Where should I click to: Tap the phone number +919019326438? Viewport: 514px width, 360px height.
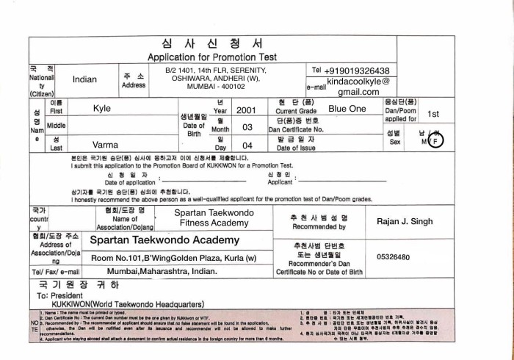tap(362, 70)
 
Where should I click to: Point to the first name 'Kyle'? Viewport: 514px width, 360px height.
tap(102, 109)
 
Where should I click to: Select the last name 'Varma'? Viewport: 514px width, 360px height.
tap(104, 145)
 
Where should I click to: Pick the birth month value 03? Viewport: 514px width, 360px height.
tap(247, 127)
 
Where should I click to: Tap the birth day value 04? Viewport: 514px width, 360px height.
tap(247, 145)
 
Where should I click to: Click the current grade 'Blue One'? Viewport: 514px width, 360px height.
tap(347, 109)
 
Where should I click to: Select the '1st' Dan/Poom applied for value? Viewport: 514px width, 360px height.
tap(433, 114)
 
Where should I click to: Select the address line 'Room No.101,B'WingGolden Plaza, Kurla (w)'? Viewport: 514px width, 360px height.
tap(173, 258)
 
